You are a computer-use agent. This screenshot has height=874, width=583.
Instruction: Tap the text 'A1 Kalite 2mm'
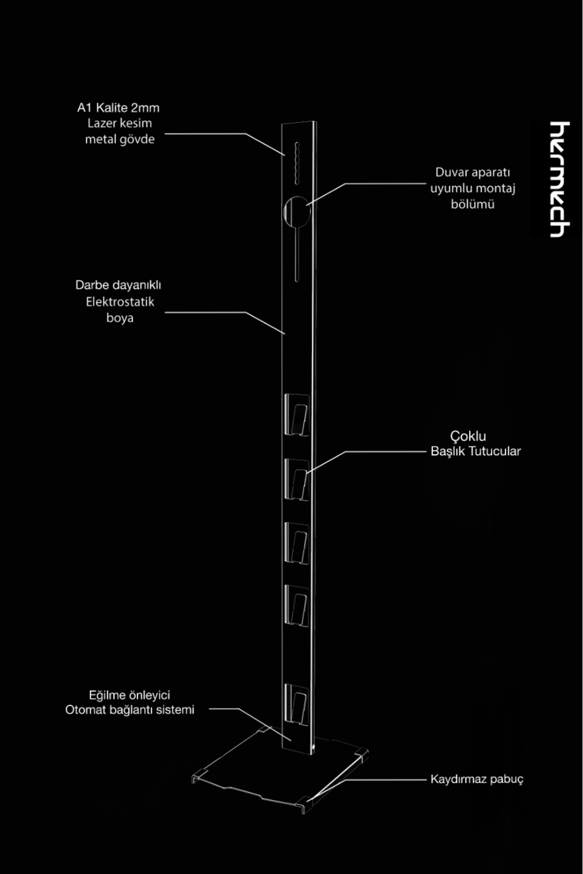[118, 108]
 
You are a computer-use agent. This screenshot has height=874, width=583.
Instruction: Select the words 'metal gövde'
[120, 139]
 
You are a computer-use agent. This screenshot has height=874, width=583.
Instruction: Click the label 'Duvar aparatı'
[472, 172]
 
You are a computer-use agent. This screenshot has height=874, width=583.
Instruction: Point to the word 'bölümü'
[472, 204]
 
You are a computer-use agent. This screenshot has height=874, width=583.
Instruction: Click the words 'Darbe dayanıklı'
[118, 285]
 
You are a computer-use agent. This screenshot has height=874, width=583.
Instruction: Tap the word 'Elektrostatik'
[120, 302]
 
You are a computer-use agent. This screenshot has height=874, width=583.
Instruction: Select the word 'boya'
[120, 318]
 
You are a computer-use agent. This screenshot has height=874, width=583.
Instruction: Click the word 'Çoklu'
[468, 436]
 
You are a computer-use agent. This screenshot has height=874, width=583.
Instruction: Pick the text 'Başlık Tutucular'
[476, 451]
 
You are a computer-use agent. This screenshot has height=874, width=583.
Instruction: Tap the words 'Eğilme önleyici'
[129, 695]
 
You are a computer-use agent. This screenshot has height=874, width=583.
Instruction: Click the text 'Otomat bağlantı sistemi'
[130, 710]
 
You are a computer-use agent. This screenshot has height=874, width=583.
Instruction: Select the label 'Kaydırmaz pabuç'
[477, 779]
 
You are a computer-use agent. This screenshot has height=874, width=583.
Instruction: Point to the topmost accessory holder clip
[297, 415]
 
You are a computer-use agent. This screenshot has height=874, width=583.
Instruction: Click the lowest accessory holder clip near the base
[296, 705]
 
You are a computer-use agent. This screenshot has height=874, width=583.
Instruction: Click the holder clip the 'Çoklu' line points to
[297, 480]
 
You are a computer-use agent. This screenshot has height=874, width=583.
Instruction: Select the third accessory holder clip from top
[297, 543]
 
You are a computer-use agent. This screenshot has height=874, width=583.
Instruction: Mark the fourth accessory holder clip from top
[297, 606]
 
